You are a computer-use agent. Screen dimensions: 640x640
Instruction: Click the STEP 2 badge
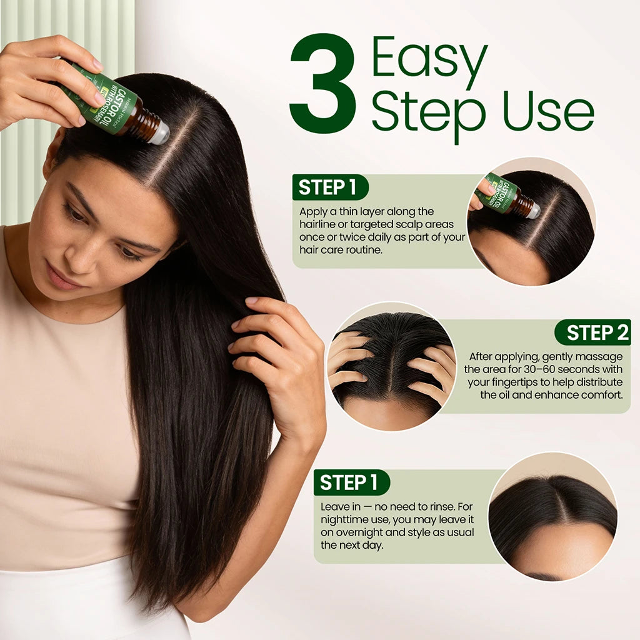point(592,332)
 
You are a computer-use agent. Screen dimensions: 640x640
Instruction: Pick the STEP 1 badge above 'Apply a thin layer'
point(330,187)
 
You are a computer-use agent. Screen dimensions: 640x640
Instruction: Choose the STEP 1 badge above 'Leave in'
point(351,482)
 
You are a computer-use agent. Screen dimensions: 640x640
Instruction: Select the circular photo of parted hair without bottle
point(552,516)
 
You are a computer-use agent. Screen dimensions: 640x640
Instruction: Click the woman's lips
point(62,277)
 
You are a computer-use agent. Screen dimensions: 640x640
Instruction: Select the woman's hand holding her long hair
point(275,350)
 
